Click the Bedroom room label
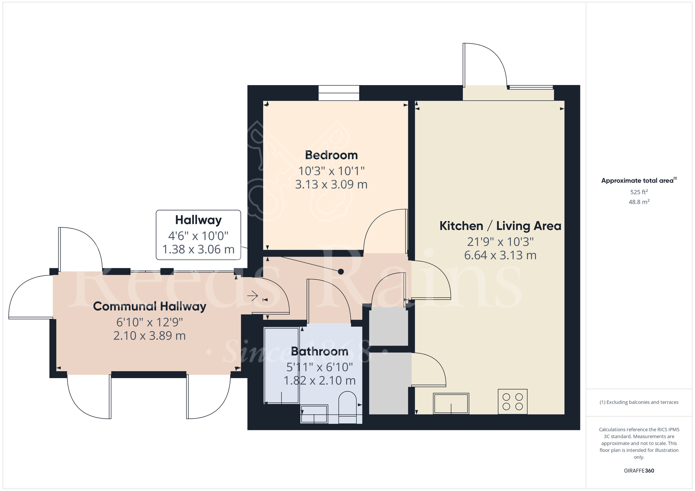(331, 155)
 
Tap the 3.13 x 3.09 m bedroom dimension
(331, 184)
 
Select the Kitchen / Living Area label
(500, 226)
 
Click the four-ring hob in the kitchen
(513, 401)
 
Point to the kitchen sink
(451, 403)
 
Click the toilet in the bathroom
(347, 407)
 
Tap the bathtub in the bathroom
(281, 365)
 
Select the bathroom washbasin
(314, 414)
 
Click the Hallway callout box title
(198, 220)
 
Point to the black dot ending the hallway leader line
(341, 272)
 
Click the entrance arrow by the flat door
(253, 296)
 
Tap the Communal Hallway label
(150, 307)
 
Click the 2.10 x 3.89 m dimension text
(150, 336)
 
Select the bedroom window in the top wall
(339, 93)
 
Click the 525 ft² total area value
(639, 192)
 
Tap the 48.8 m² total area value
(639, 202)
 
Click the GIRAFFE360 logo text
(639, 471)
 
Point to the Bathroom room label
(320, 351)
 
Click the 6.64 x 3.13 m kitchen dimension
(500, 256)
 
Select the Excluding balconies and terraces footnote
(639, 402)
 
